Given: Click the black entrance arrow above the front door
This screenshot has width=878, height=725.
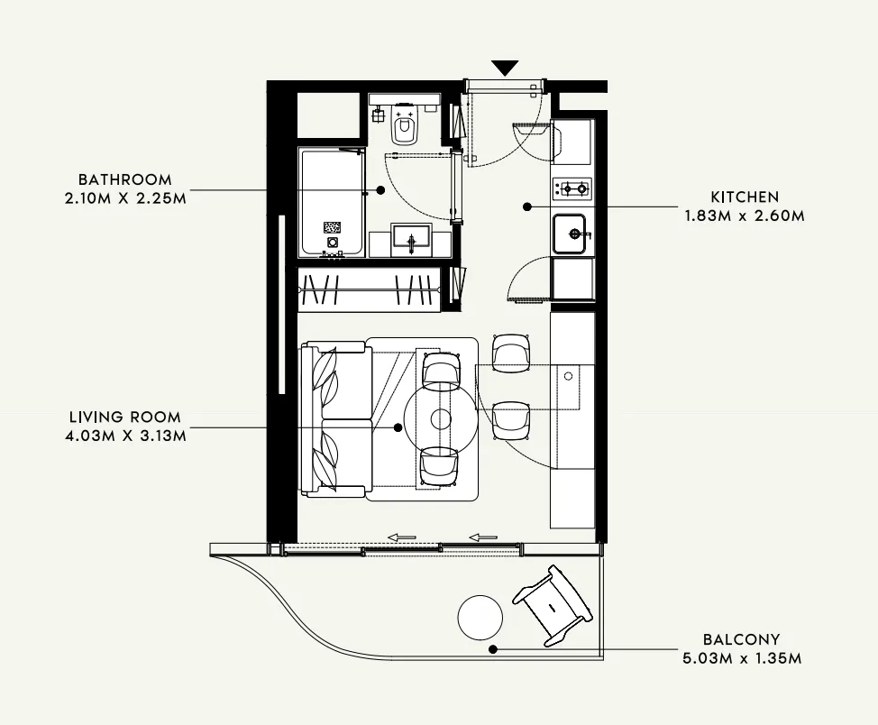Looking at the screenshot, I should point(506,68).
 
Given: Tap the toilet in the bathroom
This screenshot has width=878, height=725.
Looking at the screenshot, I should point(404,127).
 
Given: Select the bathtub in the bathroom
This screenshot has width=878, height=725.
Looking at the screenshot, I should point(332,204).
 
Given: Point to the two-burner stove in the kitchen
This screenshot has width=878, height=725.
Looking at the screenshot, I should point(572,188).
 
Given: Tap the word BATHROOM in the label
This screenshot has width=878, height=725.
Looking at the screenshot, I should point(124,179).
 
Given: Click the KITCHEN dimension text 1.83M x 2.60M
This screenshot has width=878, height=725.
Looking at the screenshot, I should point(745,216).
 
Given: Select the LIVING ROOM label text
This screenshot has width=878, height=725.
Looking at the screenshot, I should point(124,418).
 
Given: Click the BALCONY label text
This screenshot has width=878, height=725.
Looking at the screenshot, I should point(744,639).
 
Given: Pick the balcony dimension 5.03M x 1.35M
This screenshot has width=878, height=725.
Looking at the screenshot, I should point(744,658).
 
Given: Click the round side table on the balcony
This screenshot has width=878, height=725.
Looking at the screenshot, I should point(480,618).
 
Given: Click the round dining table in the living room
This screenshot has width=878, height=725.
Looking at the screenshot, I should point(440,418).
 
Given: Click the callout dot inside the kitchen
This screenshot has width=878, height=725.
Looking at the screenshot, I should point(526,206).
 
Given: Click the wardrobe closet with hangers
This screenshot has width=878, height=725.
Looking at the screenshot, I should point(369,289).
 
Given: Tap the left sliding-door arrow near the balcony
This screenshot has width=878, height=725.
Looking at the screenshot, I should point(401,537).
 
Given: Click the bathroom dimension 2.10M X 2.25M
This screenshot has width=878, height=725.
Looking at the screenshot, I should point(124,198).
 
